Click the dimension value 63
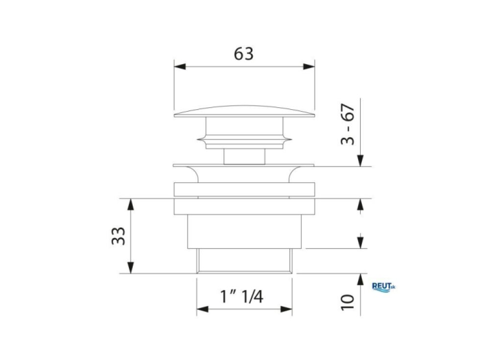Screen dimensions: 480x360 pos(244,54)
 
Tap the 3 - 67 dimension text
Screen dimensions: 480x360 pos(347,124)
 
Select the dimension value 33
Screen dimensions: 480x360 pos(118,236)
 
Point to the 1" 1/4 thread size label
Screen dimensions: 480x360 pos(241,296)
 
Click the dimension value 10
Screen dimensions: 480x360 pos(347,303)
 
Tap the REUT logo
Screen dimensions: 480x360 pos(384,287)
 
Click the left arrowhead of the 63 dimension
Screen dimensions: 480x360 pos(180,67)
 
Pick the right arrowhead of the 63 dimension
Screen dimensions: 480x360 pos(309,67)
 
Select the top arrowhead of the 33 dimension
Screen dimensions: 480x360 pos(131,204)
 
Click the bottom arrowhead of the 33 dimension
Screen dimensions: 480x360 pos(131,267)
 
